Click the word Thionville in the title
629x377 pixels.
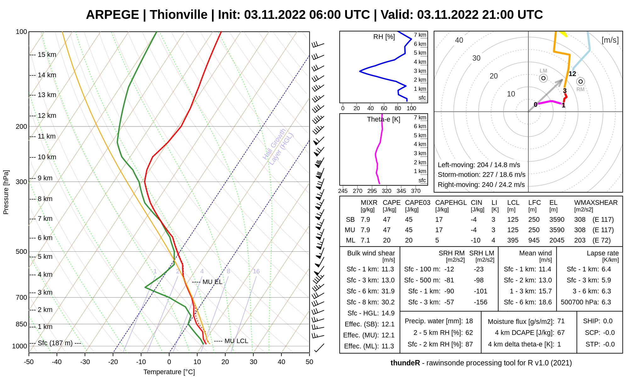(x=178, y=15)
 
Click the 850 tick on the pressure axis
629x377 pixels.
(x=21, y=324)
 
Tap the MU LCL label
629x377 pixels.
(x=236, y=341)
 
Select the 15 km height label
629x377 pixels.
(x=47, y=55)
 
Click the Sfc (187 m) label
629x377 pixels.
(x=55, y=343)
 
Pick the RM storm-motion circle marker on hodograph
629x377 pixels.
(x=581, y=82)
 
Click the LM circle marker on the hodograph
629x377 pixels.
(x=543, y=78)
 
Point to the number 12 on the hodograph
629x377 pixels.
(x=572, y=74)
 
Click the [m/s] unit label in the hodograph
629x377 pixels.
(x=610, y=40)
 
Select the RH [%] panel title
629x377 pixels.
(x=384, y=37)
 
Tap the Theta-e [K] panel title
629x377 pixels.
(x=383, y=119)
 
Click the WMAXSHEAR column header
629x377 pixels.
(x=596, y=203)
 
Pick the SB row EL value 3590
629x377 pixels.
(x=557, y=220)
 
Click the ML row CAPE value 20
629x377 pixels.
(x=387, y=240)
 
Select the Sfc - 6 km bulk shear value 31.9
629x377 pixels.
(x=388, y=291)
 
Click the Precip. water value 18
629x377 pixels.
(x=469, y=321)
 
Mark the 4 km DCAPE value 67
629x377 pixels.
(x=561, y=333)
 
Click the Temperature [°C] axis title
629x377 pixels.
(x=169, y=372)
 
